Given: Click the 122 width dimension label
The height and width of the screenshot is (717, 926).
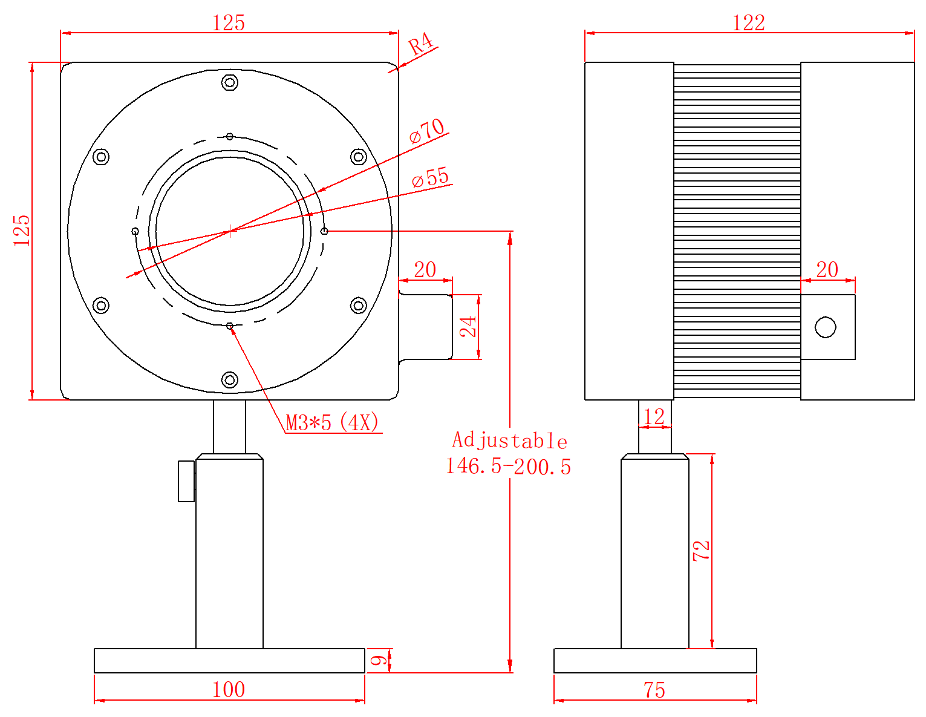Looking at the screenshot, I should coord(749,23).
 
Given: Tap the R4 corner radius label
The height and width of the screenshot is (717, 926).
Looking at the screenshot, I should coord(421,45).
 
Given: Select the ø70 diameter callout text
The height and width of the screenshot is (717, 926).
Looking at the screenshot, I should coord(427,131).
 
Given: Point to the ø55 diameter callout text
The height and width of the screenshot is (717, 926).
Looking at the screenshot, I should coord(431,178).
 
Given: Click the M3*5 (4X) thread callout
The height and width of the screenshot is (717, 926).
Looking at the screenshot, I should coord(332,422).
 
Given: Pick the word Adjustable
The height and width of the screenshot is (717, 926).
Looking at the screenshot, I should coord(509,440).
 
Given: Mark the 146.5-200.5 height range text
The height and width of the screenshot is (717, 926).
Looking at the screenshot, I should coord(508,467).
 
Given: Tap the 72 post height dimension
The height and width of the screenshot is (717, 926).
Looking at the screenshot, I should coord(702,550).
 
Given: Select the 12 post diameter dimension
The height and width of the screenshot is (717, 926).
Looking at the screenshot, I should coord(654,417).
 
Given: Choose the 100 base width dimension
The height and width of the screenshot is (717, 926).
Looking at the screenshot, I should coord(229,690).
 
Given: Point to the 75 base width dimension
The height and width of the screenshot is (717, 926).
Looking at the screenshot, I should coord(654,690).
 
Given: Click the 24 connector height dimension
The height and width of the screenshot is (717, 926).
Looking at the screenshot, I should coord(468,327).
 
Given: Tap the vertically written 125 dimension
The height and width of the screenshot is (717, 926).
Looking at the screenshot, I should coord(22,230).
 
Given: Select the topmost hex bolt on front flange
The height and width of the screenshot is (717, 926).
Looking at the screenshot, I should coord(229,82).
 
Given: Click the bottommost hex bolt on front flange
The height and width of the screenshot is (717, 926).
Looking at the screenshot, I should coord(229,379).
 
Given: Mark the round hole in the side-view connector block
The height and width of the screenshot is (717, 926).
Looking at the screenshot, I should coord(826,327).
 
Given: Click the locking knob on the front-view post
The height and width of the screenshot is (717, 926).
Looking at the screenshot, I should coord(186,481).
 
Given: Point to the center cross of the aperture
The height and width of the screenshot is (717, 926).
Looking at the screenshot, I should coord(229,231).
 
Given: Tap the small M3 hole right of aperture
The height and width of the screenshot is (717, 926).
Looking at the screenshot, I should coord(324,231).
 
